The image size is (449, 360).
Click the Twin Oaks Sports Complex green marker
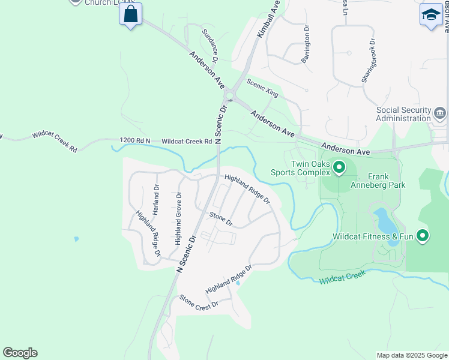click(339, 167)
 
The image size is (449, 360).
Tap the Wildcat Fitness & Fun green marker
click(423, 236)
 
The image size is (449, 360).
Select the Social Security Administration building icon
click(440, 113)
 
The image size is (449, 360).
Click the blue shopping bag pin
click(131, 14)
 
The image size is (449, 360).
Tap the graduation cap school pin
click(430, 14)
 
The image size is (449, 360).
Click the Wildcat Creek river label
click(342, 278)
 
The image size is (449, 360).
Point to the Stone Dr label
click(220, 219)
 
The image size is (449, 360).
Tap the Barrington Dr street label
click(306, 44)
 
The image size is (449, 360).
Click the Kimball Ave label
click(268, 20)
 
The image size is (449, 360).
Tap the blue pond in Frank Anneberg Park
click(383, 221)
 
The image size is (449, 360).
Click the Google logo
click(20, 353)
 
